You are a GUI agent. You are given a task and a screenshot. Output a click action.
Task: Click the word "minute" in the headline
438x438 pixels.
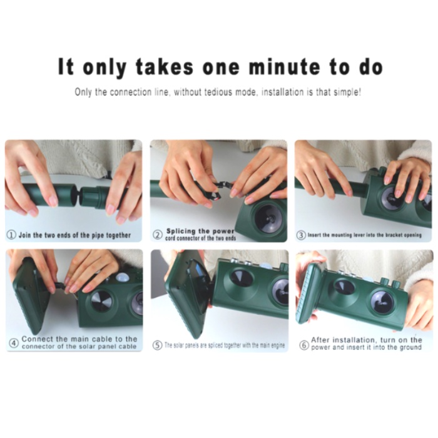284,67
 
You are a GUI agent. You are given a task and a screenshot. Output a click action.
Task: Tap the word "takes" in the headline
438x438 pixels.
164,67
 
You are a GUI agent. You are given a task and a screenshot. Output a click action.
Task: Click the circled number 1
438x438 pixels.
11,235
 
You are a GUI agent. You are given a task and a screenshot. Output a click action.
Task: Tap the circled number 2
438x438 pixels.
158,235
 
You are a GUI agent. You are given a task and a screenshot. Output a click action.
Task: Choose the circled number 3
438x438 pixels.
301,235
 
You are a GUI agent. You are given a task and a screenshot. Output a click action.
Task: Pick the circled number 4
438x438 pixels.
14,343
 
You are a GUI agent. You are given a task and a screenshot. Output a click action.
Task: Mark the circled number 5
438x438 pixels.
157,345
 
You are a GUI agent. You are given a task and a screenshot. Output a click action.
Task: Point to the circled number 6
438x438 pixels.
304,345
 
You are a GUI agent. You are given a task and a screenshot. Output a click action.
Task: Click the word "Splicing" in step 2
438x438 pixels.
181,232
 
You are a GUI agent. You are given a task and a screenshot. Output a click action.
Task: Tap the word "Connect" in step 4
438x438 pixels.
37,339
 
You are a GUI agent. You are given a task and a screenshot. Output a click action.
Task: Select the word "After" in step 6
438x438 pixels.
320,340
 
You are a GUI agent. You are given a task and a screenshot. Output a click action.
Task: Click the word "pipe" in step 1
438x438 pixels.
98,235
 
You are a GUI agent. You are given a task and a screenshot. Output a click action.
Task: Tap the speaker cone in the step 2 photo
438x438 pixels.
268,217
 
